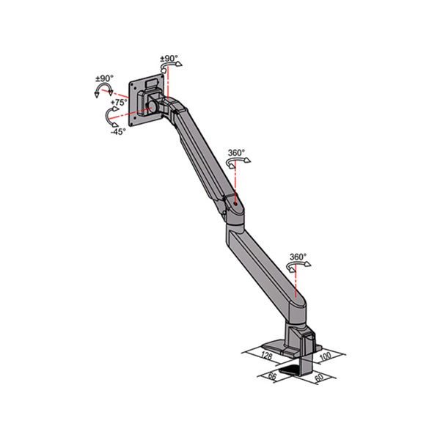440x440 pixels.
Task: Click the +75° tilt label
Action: point(119,103)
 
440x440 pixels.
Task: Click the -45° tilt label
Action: point(118,132)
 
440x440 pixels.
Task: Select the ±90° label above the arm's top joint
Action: point(169,57)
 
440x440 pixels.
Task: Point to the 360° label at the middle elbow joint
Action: point(236,153)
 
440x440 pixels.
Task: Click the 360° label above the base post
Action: point(298,257)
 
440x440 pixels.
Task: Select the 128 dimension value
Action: point(267,356)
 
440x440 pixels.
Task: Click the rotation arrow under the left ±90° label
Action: point(100,91)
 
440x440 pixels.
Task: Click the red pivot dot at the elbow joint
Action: point(235,197)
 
